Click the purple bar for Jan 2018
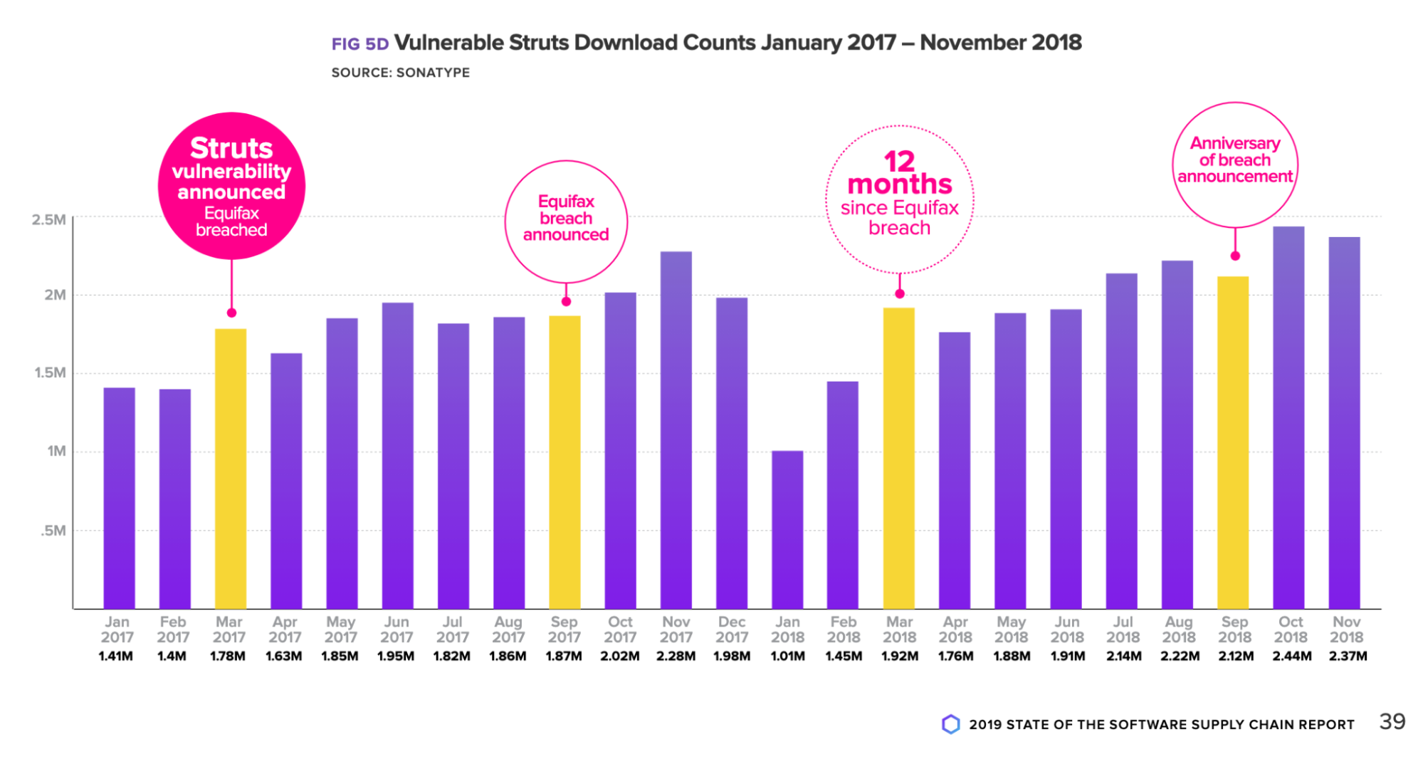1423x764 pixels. pyautogui.click(x=787, y=530)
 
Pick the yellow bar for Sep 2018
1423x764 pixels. pyautogui.click(x=1233, y=442)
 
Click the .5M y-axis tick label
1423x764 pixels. pyautogui.click(x=53, y=530)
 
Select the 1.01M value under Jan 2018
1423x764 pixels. pyautogui.click(x=787, y=656)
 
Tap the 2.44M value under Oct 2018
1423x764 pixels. pyautogui.click(x=1291, y=656)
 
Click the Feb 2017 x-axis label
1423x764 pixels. pyautogui.click(x=173, y=629)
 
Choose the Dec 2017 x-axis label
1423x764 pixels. pyautogui.click(x=732, y=629)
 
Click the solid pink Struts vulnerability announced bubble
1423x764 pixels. pyautogui.click(x=231, y=186)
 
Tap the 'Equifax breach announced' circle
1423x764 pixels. pyautogui.click(x=566, y=221)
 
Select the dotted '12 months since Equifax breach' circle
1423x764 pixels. pyautogui.click(x=900, y=199)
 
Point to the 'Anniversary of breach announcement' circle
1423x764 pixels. pyautogui.click(x=1235, y=164)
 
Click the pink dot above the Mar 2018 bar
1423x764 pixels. pyautogui.click(x=900, y=293)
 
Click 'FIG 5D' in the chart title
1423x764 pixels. pyautogui.click(x=360, y=44)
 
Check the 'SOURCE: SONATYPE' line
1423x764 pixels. pyautogui.click(x=400, y=73)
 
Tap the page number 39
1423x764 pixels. pyautogui.click(x=1392, y=722)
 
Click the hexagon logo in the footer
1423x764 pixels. pyautogui.click(x=950, y=724)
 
